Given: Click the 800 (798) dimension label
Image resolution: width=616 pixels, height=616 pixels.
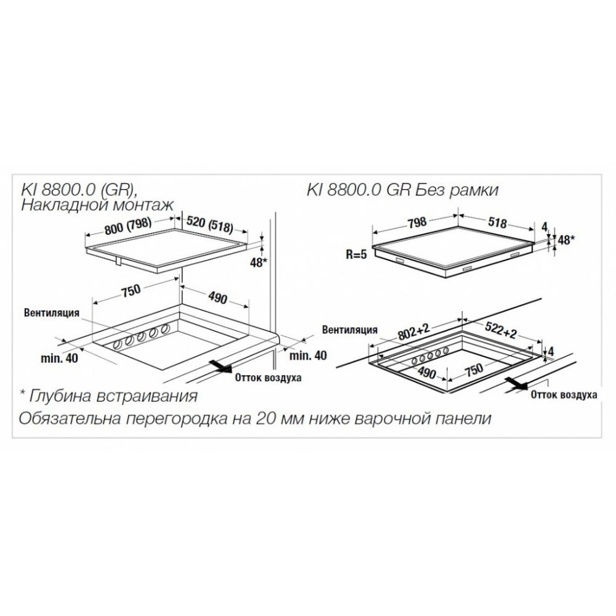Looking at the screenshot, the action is coord(128,225).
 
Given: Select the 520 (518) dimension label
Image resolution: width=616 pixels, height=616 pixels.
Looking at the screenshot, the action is coord(209,224).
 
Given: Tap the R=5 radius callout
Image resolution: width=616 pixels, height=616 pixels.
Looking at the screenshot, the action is coord(356,254).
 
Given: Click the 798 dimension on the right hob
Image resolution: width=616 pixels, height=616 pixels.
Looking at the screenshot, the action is coord(416,222).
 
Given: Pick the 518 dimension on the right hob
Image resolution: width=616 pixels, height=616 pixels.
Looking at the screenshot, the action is coord(497,222).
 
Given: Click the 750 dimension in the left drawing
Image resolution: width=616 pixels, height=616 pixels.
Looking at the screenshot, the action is coord(131,290).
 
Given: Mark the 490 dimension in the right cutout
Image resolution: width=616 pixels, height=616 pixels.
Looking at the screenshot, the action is coord(426,371).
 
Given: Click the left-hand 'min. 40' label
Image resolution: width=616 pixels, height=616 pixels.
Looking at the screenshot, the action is coord(59,359).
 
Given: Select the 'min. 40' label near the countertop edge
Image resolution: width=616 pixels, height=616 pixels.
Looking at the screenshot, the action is coord(308,355).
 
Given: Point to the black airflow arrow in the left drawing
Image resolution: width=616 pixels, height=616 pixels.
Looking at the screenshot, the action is coord(220,366).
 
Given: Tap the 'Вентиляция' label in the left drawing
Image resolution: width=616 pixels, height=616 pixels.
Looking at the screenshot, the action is coord(52,313).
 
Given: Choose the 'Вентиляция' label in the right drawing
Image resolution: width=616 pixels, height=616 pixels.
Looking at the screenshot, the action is coord(350,330).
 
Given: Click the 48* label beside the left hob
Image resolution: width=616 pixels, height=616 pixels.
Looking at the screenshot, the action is coord(259,262).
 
